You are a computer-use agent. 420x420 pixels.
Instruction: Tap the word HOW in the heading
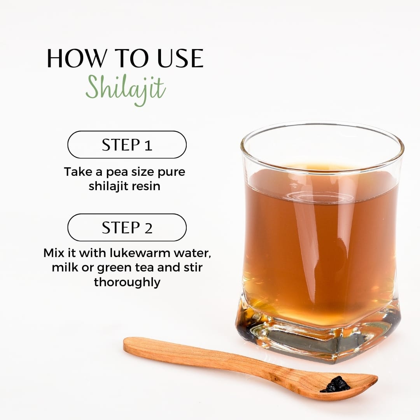[x=76, y=58]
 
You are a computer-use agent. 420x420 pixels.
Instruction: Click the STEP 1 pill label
[x=127, y=145]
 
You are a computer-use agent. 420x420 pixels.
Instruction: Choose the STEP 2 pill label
[x=127, y=227]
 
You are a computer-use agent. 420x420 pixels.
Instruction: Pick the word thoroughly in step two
[x=127, y=282]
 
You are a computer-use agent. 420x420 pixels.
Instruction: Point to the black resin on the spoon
[x=335, y=385]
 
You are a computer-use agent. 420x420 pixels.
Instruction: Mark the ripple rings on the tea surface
[x=319, y=198]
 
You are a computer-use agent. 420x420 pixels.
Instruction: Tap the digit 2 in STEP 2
[x=149, y=228]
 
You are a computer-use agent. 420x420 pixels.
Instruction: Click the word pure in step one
[x=171, y=172]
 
